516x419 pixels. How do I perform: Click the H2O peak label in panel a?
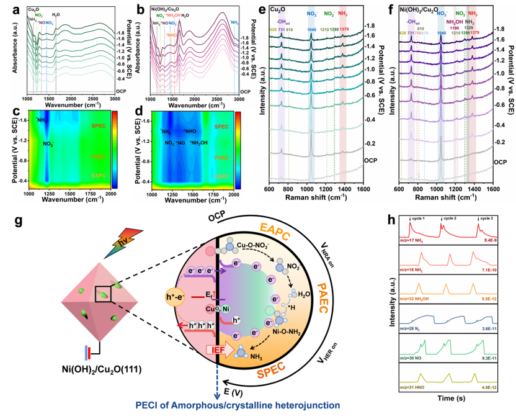56,13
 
